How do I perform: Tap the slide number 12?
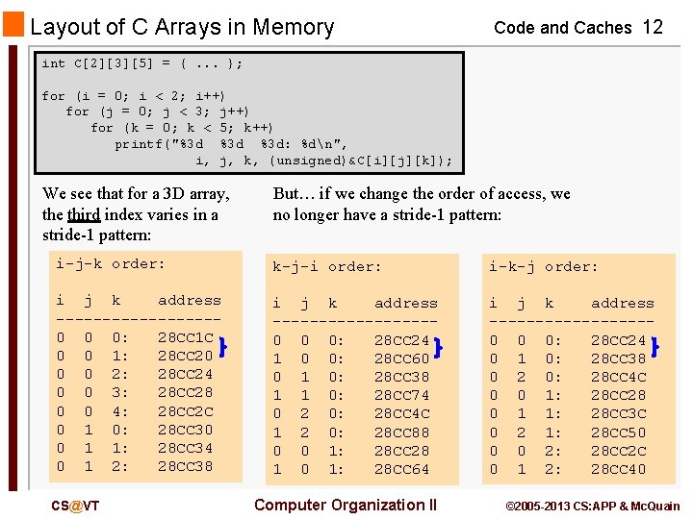(x=653, y=27)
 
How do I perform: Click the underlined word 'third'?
(x=84, y=214)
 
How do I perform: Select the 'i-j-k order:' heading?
(x=110, y=264)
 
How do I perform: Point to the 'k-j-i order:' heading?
(x=327, y=266)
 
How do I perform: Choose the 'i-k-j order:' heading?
(x=543, y=266)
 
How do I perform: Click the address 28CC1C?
(x=186, y=337)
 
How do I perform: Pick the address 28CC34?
(x=186, y=448)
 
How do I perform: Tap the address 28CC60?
(x=401, y=358)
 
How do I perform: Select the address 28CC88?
(x=401, y=432)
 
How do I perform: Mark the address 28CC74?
(x=401, y=395)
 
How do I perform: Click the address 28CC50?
(x=618, y=432)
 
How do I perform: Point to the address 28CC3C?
(x=618, y=414)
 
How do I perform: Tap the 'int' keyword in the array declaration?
(x=54, y=63)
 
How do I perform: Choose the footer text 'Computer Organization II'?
(x=345, y=506)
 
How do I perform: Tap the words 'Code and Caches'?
(x=562, y=28)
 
